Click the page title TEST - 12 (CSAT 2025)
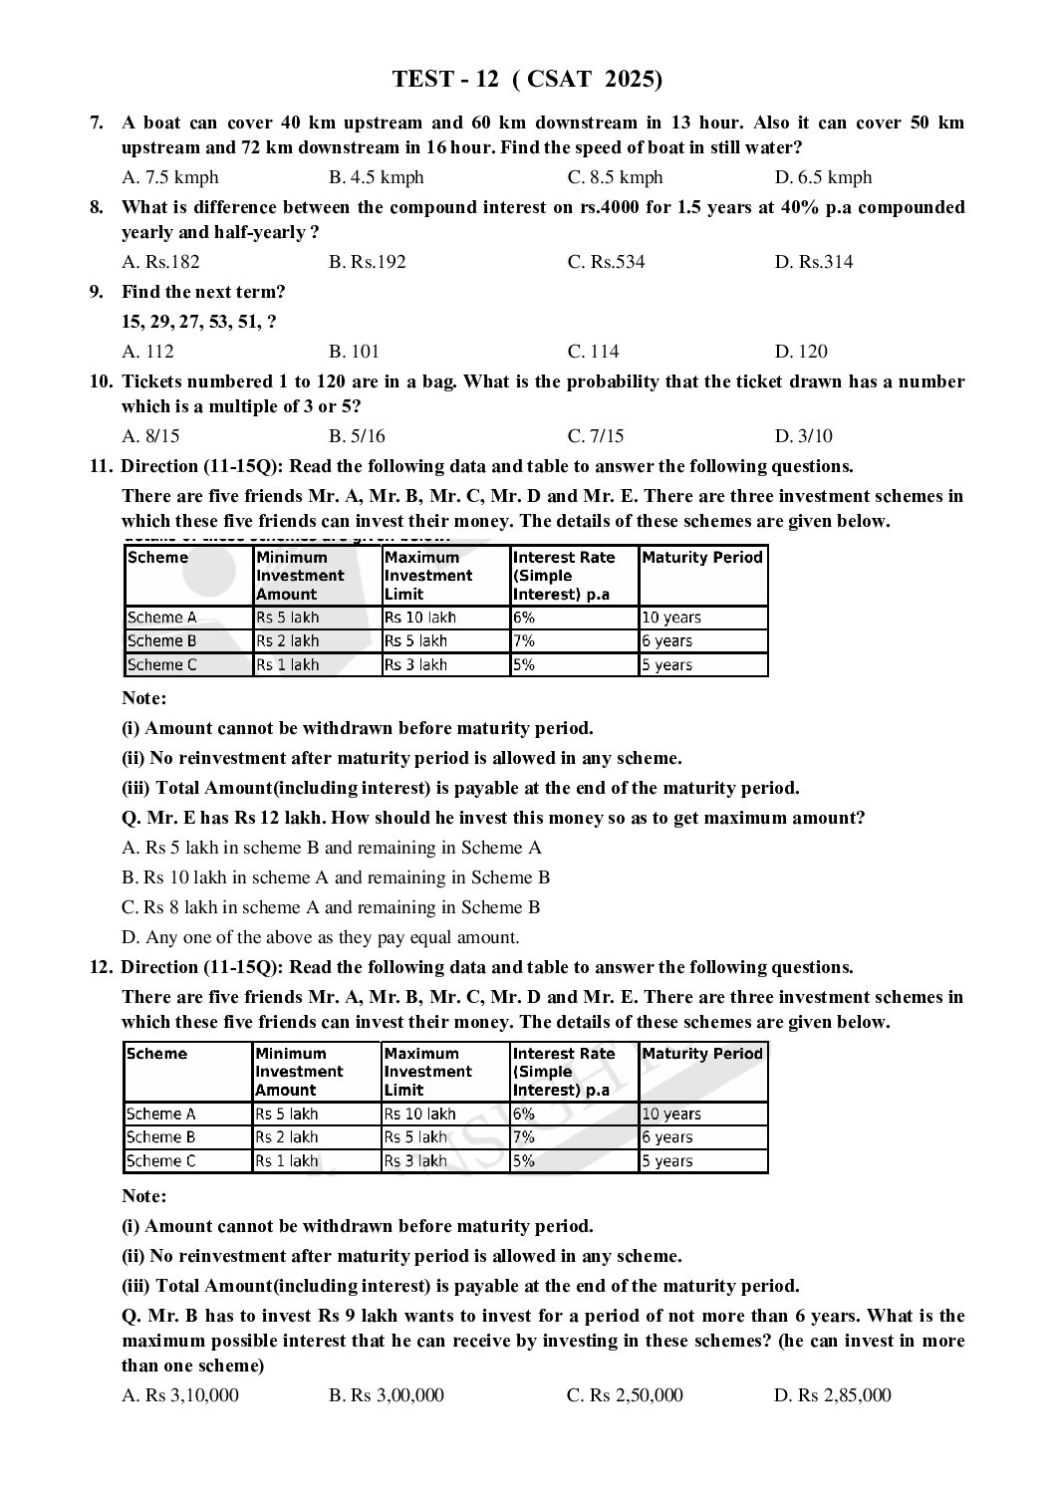[x=527, y=80]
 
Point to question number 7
[x=97, y=123]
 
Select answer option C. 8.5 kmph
[x=615, y=177]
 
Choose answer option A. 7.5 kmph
[x=170, y=177]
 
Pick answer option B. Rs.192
[x=368, y=262]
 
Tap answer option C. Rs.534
[x=606, y=262]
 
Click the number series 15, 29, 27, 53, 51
[x=199, y=322]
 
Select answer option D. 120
[x=801, y=352]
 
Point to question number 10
[x=102, y=381]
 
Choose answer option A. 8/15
[x=150, y=436]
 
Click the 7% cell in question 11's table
[x=524, y=641]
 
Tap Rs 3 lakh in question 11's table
[x=415, y=665]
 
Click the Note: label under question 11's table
[x=144, y=698]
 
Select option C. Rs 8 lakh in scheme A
[x=331, y=907]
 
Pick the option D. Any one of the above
[x=320, y=937]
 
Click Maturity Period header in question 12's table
[x=702, y=1054]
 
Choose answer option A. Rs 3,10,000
[x=180, y=1395]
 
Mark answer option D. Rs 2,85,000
[x=833, y=1395]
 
